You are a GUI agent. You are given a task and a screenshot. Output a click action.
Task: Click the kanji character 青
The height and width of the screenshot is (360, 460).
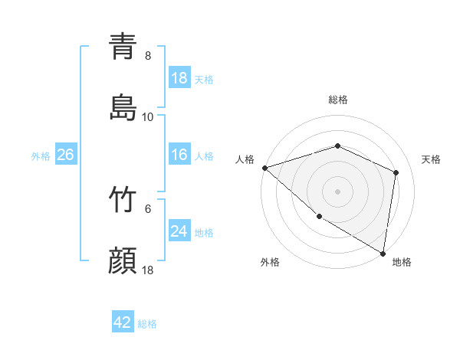point(123,46)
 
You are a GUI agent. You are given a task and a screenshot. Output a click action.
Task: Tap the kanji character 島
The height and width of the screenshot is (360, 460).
point(123,107)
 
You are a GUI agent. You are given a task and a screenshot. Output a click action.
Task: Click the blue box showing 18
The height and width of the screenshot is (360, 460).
point(179,78)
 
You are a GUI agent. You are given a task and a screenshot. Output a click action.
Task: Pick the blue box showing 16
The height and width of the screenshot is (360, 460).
point(179,155)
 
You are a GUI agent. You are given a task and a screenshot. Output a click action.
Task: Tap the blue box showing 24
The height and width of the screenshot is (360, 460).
point(179,231)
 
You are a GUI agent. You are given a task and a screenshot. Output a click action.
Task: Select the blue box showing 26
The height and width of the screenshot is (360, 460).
point(65,155)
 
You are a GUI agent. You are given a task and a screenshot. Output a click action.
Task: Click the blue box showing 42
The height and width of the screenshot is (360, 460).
point(123,323)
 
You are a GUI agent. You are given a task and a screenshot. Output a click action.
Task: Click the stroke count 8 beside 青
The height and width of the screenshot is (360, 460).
point(148,55)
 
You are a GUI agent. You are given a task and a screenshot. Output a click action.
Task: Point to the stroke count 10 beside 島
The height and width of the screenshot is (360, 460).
point(148,116)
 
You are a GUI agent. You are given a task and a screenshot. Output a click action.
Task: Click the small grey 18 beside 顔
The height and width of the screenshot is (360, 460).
point(148,270)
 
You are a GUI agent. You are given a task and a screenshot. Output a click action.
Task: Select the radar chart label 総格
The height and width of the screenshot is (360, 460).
point(338,100)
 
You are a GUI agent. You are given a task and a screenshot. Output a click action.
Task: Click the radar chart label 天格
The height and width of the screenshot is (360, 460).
point(431,159)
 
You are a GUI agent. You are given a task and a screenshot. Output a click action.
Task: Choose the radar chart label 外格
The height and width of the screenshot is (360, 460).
point(270,262)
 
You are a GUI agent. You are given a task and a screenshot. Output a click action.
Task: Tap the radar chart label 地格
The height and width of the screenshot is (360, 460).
point(402,262)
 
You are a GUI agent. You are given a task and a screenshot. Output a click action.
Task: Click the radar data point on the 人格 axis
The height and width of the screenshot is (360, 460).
point(264,167)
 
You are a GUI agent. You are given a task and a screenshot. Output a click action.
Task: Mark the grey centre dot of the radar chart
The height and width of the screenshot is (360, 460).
point(338,191)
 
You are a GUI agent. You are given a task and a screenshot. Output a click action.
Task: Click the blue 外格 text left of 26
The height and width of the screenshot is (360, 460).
point(41,156)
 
